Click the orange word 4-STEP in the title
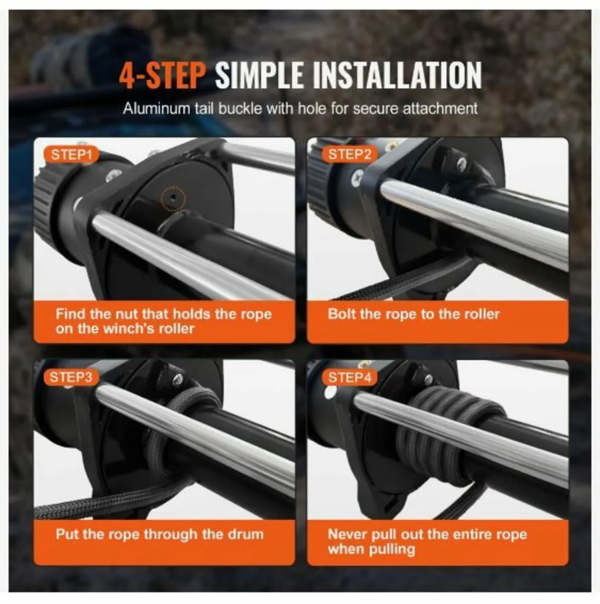click(x=162, y=75)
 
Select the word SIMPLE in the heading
click(x=259, y=75)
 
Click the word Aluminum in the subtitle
click(x=161, y=109)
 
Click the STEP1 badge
click(x=71, y=155)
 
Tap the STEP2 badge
click(x=349, y=155)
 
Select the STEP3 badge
click(x=71, y=377)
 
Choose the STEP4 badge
click(x=349, y=377)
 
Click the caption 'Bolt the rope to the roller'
click(x=413, y=314)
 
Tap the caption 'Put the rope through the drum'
click(x=160, y=535)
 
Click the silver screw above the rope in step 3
click(x=178, y=379)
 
